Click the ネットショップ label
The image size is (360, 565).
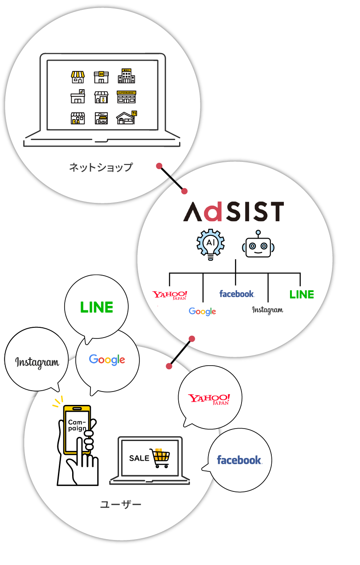point(101,168)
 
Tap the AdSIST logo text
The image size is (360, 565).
point(233,211)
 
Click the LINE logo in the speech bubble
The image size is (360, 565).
point(97,307)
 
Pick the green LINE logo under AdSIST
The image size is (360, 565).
point(302,295)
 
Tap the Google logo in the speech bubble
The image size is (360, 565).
point(107,359)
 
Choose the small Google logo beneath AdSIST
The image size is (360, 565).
point(202,311)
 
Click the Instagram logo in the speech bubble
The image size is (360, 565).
point(37,363)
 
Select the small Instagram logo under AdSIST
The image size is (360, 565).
point(267,310)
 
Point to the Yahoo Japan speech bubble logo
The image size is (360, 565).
point(209,399)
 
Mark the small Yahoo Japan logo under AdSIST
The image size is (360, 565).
point(170,296)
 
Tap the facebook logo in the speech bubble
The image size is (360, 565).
point(239,460)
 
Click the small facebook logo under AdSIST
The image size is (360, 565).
point(237,294)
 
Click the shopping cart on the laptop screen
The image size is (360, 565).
point(160,458)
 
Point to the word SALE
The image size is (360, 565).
point(139,458)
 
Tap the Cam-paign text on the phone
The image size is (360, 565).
point(77,425)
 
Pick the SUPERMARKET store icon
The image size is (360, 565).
point(127,97)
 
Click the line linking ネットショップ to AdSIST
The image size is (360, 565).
point(172,178)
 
